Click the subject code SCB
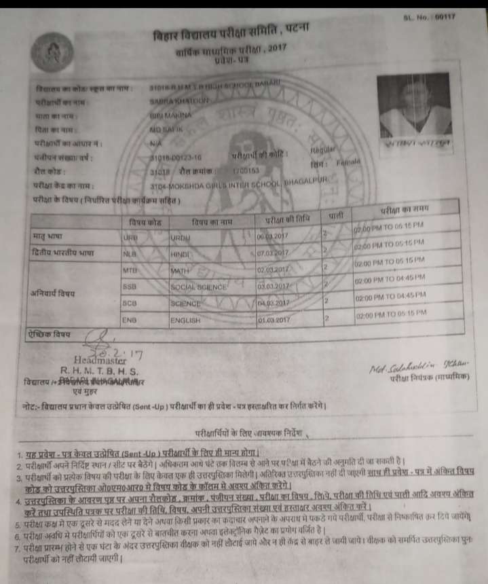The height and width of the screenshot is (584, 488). (x=131, y=302)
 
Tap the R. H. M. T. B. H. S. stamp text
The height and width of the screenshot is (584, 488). (x=100, y=371)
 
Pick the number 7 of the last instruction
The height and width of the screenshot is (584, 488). (x=20, y=547)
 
